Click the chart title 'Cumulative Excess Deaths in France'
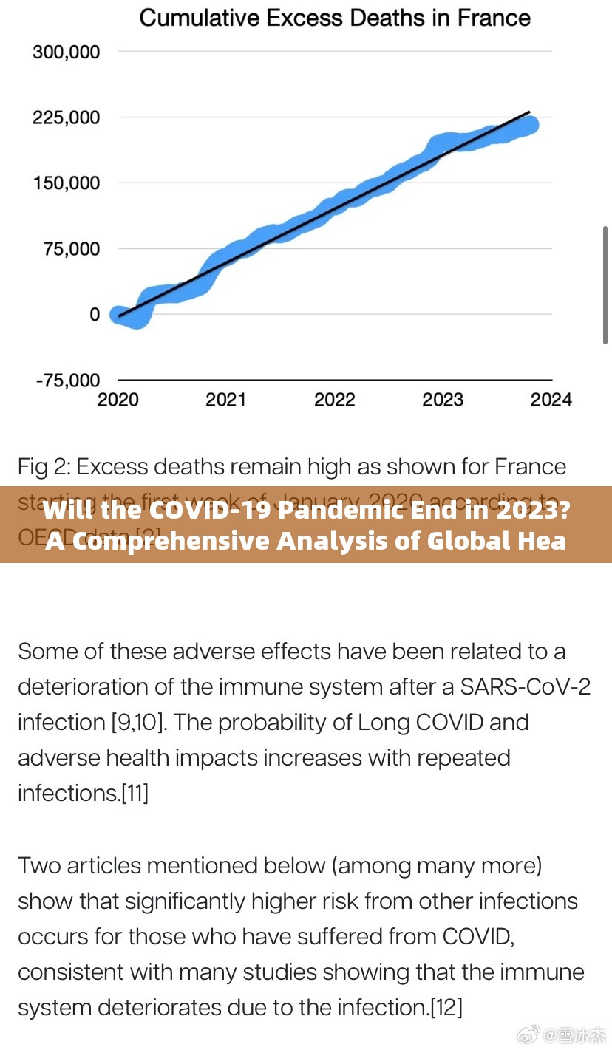335,18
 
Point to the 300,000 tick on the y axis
66,52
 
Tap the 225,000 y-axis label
66,117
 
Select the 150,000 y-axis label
66,183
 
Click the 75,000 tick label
72,248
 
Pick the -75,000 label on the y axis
67,380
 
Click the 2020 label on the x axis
118,400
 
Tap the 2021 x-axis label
226,400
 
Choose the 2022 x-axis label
335,400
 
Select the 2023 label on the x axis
443,400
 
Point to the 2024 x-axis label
551,400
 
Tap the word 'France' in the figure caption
530,467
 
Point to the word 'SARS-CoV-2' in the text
525,686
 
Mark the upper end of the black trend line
529,112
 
